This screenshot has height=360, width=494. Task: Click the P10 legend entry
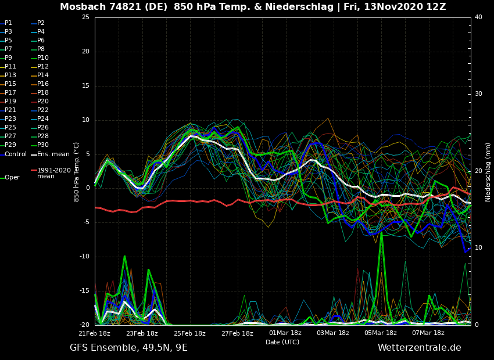[x=42, y=58]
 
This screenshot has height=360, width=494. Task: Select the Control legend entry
[x=16, y=154]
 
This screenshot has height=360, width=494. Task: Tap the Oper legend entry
[x=12, y=178]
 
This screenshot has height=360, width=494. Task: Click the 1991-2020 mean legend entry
[x=53, y=173]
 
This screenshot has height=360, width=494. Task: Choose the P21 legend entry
[x=10, y=110]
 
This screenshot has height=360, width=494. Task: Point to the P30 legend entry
[x=42, y=145]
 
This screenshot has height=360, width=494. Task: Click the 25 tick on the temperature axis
[x=85, y=17]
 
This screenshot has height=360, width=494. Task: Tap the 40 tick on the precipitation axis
[x=478, y=17]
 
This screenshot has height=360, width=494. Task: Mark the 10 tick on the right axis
[x=478, y=248]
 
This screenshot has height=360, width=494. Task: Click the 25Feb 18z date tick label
[x=189, y=333]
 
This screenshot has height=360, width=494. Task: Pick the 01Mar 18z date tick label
[x=285, y=333]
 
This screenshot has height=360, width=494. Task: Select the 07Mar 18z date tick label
[x=428, y=333]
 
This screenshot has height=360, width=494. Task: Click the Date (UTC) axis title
[x=282, y=343]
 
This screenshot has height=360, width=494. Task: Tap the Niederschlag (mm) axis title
[x=488, y=172]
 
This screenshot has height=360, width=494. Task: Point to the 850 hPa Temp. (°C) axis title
[x=77, y=172]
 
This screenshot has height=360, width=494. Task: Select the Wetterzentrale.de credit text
[x=419, y=348]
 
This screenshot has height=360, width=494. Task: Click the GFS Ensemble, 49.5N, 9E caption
[x=128, y=348]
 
